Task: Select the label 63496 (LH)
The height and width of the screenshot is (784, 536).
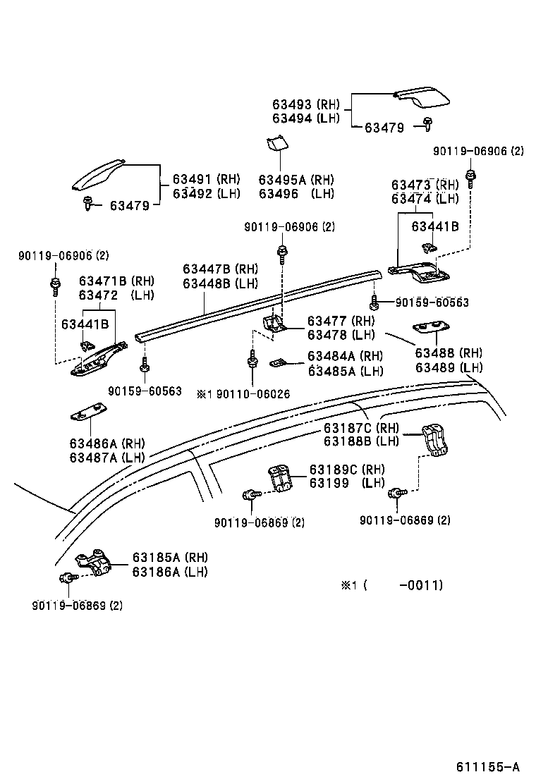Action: click(x=296, y=193)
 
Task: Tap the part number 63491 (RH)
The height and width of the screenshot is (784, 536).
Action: click(x=207, y=179)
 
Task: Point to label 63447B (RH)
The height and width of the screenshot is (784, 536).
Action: click(x=220, y=269)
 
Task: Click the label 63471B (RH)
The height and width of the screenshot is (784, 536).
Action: click(x=116, y=281)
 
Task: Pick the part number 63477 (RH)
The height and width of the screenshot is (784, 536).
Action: click(x=341, y=321)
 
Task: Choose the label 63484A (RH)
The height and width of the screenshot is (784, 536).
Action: click(x=345, y=356)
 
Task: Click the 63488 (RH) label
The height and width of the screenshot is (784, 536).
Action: click(x=449, y=353)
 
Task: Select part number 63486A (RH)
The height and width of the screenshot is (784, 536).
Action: click(x=106, y=443)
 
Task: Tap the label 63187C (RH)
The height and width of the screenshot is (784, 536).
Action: click(x=361, y=428)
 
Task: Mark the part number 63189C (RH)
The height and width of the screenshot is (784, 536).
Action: click(x=347, y=470)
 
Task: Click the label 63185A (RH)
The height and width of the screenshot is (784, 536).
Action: click(x=169, y=558)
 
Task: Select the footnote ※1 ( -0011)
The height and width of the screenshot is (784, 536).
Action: click(x=392, y=585)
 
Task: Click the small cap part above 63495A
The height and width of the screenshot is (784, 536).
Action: click(x=276, y=144)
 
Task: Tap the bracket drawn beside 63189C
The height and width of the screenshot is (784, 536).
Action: click(x=282, y=479)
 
